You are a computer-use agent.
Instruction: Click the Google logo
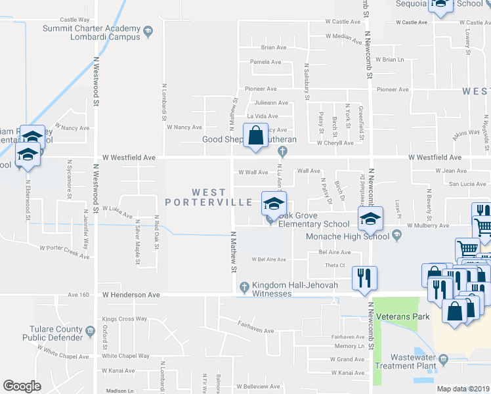22,386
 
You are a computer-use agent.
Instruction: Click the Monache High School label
349,236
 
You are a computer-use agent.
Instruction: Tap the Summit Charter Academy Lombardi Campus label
92,33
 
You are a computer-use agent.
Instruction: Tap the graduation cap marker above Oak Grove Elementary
274,203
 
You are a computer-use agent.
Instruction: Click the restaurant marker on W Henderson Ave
362,277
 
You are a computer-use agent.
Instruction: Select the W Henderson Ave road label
131,295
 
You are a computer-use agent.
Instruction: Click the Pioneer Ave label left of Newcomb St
261,89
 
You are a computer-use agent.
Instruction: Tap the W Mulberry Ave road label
428,226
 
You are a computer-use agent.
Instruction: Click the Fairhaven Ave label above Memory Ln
348,336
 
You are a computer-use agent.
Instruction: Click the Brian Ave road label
274,47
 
